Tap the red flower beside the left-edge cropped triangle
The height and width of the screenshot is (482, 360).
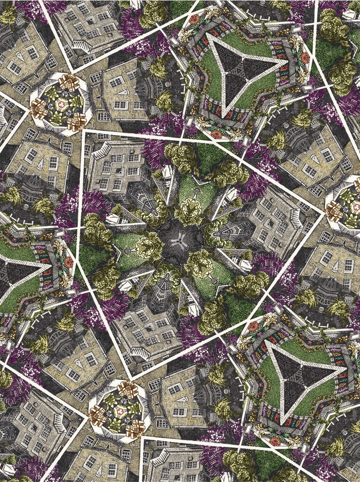[x=69, y=262]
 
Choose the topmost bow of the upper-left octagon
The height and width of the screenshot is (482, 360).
[x=68, y=80]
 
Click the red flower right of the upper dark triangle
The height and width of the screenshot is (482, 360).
[x=305, y=58]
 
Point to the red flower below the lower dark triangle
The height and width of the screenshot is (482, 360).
[x=275, y=441]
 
